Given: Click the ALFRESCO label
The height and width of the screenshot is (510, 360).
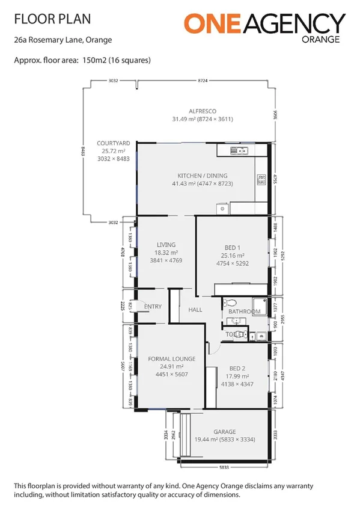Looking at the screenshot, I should pyautogui.click(x=203, y=111).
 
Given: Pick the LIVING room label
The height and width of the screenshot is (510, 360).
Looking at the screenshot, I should pyautogui.click(x=166, y=245).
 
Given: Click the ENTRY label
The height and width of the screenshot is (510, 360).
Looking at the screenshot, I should pyautogui.click(x=153, y=307).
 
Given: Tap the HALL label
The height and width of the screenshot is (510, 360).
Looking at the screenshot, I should pyautogui.click(x=195, y=310).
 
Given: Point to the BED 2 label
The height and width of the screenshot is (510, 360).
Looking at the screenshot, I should pyautogui.click(x=237, y=368).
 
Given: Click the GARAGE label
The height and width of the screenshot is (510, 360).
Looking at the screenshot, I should pyautogui.click(x=225, y=431).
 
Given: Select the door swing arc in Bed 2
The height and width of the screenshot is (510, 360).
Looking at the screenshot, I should pyautogui.click(x=213, y=378).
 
